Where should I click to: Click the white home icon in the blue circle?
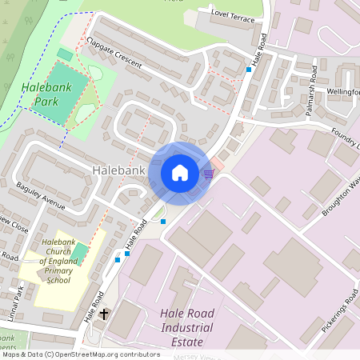pos(180,173)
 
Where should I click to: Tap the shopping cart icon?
pos(209,174)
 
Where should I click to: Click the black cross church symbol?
pos(103,314)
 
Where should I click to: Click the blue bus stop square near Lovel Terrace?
pos(249,70)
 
